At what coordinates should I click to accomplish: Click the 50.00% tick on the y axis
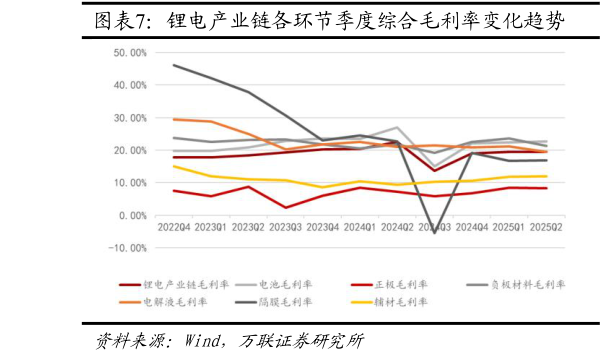[x=131, y=52]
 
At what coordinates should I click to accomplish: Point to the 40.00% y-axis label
[x=131, y=85]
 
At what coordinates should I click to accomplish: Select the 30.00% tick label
[x=131, y=118]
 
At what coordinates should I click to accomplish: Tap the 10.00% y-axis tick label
[x=131, y=183]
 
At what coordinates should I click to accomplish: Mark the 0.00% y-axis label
[x=134, y=216]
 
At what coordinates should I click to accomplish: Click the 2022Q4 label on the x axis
[x=173, y=227]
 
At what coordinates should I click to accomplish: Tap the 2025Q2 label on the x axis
[x=545, y=227]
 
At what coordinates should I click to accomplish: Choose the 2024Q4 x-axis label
[x=470, y=227]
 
